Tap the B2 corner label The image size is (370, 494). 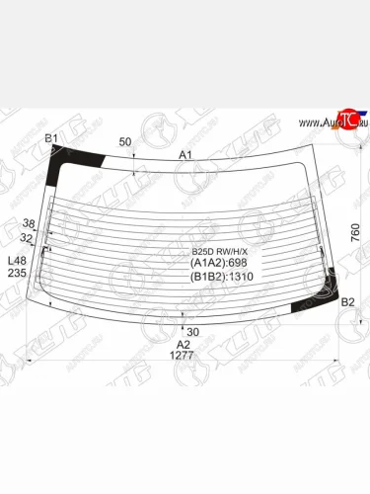(347, 301)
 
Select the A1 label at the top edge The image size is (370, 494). (185, 154)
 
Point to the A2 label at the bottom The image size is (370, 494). (184, 344)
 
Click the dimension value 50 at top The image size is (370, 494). (125, 142)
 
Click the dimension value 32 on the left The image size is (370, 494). (27, 238)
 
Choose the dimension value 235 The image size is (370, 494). (17, 274)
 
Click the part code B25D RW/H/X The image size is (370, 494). (220, 252)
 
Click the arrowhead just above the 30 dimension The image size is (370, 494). (185, 319)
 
